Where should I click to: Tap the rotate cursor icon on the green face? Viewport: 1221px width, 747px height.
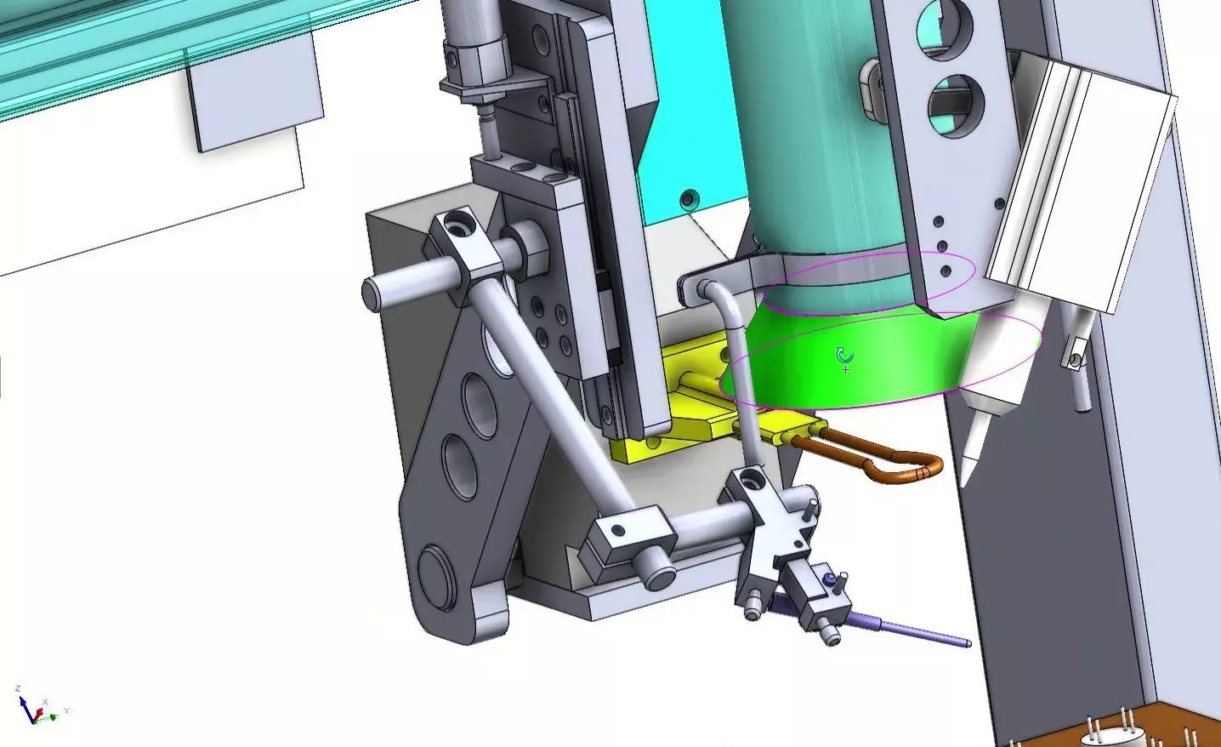click(844, 356)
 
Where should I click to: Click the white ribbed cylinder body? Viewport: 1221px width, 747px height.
click(1080, 187)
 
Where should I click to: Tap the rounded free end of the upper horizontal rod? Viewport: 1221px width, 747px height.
click(372, 294)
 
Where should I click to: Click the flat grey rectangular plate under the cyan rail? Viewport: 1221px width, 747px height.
click(255, 94)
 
